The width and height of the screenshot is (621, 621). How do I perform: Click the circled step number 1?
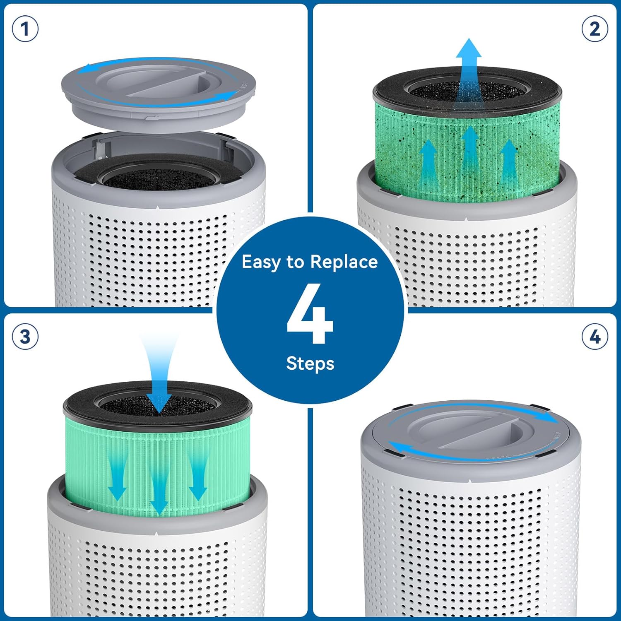[x=25, y=29]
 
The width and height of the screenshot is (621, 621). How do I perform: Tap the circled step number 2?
[x=595, y=29]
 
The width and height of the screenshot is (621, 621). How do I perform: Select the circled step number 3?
[x=25, y=336]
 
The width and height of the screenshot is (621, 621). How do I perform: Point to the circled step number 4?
[x=595, y=336]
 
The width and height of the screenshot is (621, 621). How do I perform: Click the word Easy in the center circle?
[x=261, y=262]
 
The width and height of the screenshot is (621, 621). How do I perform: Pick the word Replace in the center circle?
[x=344, y=262]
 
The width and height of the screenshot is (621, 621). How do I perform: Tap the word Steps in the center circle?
[x=310, y=363]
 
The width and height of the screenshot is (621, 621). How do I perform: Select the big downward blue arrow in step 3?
[x=159, y=381]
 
